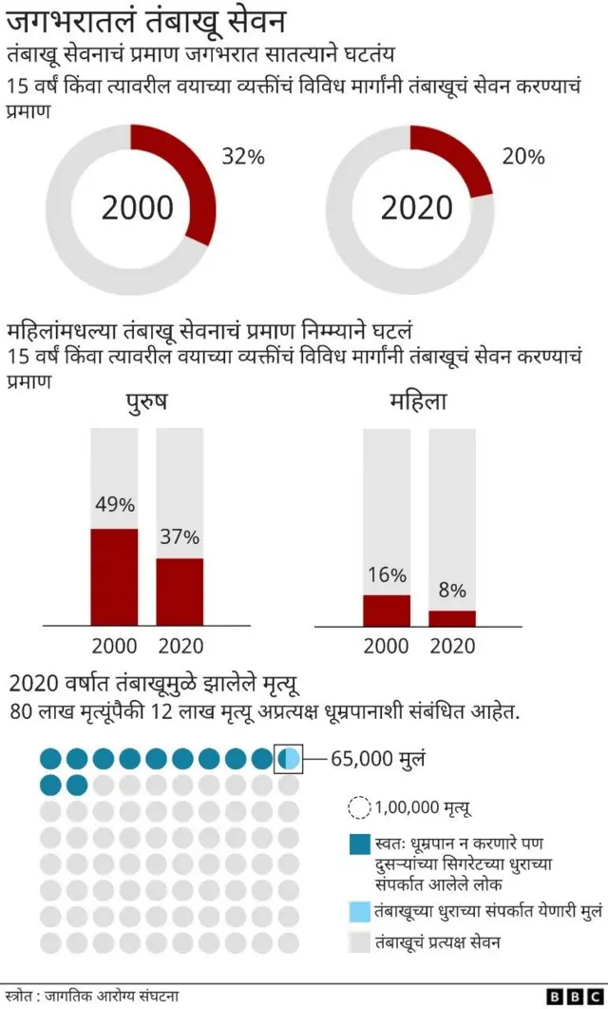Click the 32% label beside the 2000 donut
click(243, 157)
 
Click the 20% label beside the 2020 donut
click(522, 157)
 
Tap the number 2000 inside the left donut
click(138, 207)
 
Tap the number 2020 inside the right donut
click(417, 207)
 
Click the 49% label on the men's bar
click(114, 505)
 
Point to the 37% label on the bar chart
click(180, 536)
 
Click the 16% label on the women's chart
click(387, 574)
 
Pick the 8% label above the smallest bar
click(452, 591)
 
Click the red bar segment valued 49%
click(114, 576)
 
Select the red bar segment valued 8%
click(452, 618)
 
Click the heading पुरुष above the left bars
click(147, 402)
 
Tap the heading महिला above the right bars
click(418, 402)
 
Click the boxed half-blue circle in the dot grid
click(289, 758)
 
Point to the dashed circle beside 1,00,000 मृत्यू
click(359, 807)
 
